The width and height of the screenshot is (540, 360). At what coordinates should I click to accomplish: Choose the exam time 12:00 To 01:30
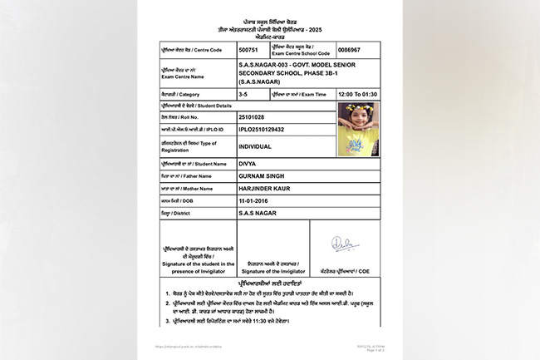tap(359, 96)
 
